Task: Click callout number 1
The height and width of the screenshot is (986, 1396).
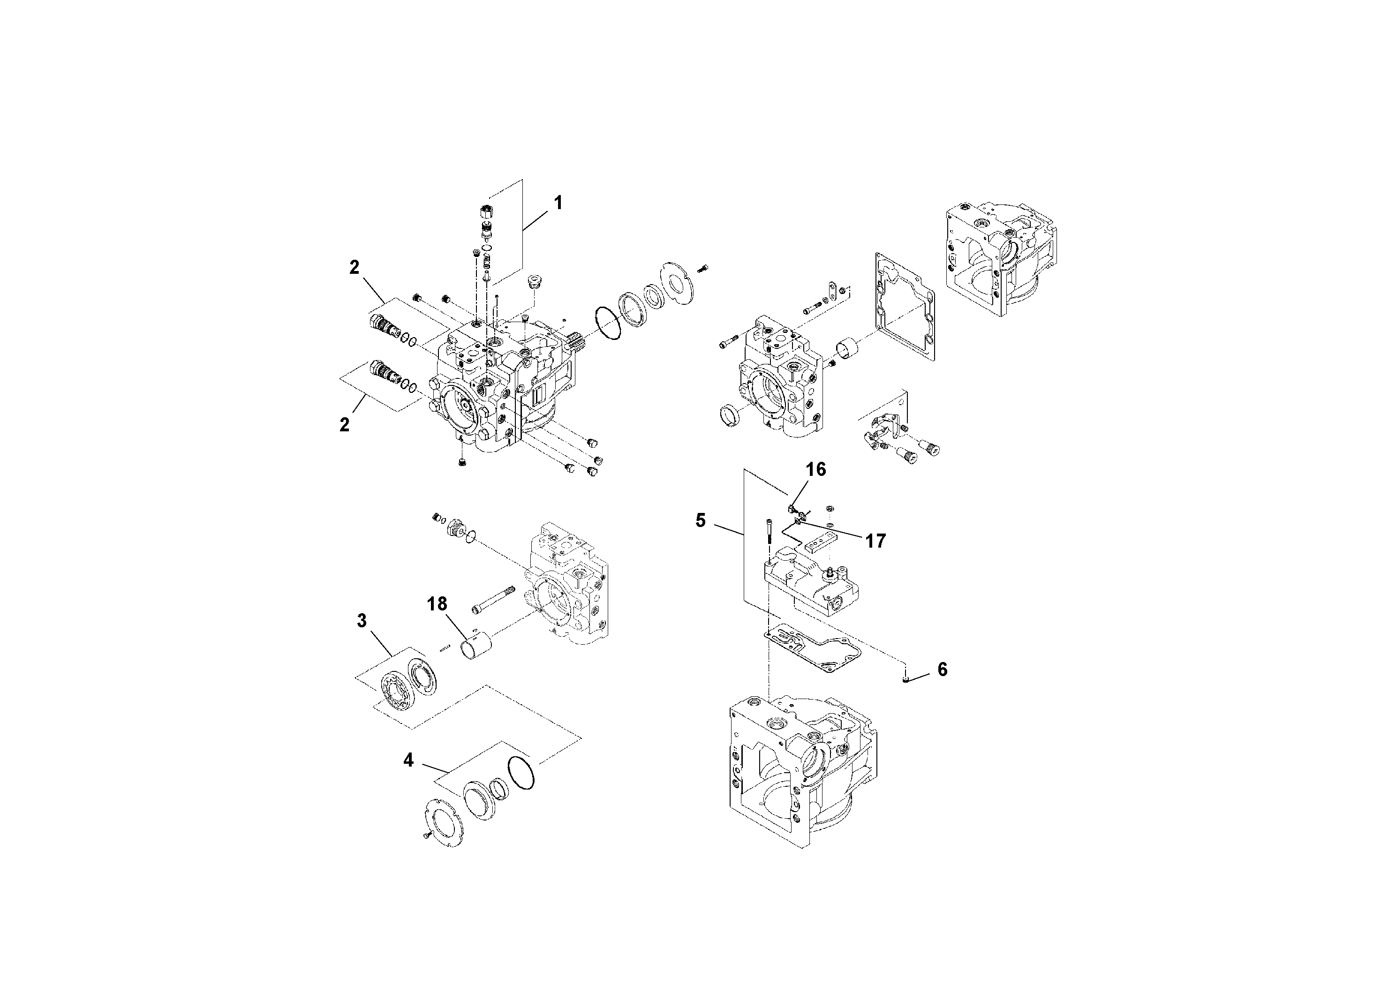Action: pos(558,203)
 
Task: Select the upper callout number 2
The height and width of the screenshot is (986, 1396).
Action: pos(355,267)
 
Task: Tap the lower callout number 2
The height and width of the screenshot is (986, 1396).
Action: pos(345,425)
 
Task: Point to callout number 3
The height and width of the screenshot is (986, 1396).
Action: pos(362,621)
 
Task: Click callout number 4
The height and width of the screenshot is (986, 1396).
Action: pos(408,760)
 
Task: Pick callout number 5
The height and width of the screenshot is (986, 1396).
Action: pos(701,520)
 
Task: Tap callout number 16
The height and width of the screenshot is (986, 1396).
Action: pos(816,469)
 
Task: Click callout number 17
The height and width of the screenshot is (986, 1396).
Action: pos(875,541)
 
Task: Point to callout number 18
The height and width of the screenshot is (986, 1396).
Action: pos(437,603)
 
